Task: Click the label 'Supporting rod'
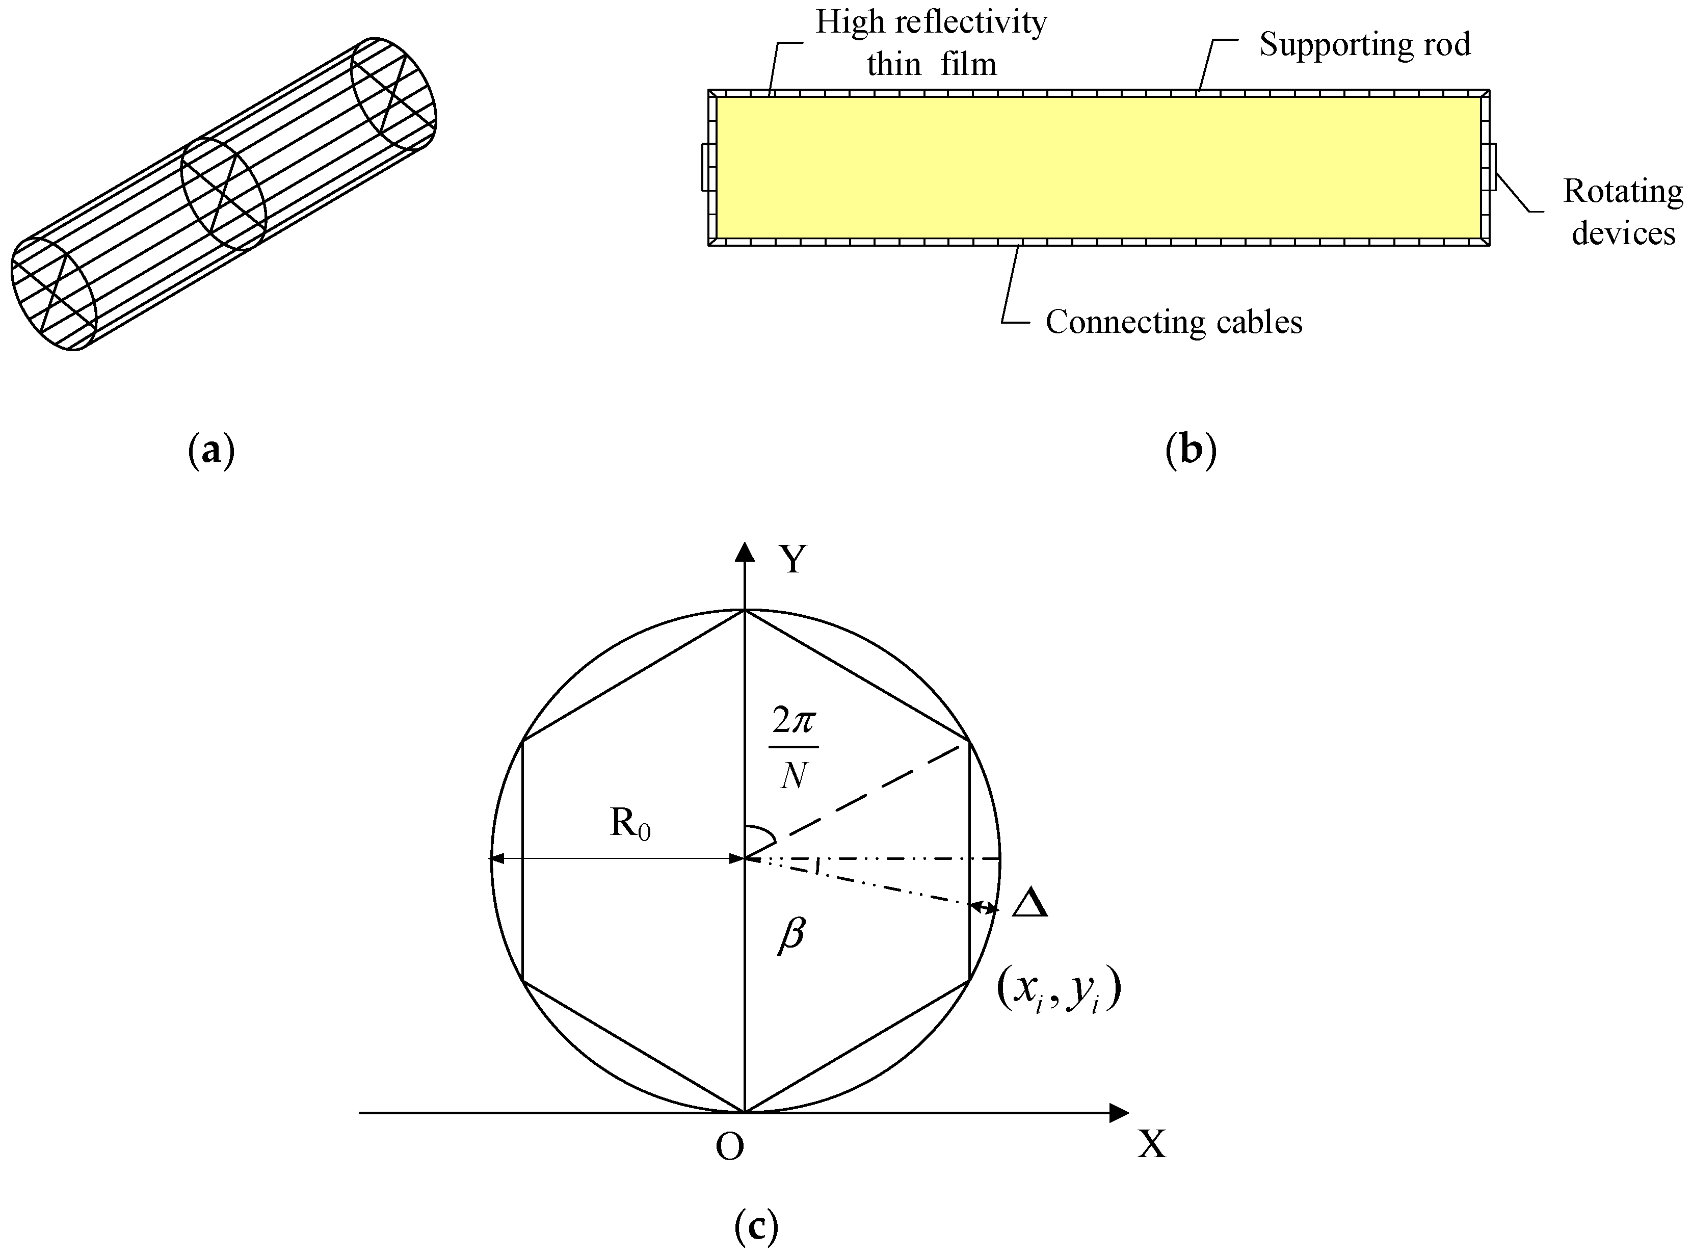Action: [x=1365, y=45]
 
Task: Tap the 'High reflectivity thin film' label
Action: [x=931, y=43]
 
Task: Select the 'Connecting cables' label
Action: [x=1173, y=323]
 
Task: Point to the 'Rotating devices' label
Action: [x=1623, y=212]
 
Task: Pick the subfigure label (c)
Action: [x=756, y=1226]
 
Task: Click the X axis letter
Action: [x=1151, y=1144]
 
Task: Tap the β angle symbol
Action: [x=791, y=934]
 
